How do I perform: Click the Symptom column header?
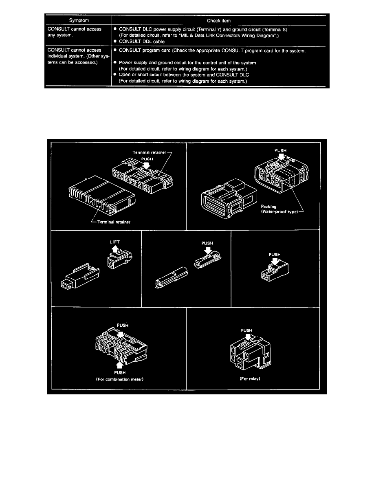pos(79,20)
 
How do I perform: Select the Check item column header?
pos(219,21)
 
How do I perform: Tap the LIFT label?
pos(114,242)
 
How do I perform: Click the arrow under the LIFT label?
pos(115,249)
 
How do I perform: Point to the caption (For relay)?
pos(250,379)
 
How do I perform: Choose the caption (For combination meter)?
pos(120,379)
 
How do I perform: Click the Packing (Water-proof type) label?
pos(279,209)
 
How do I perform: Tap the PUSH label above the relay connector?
pos(246,330)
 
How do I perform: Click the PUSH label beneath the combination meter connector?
pos(120,372)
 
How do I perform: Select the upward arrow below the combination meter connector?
pos(120,365)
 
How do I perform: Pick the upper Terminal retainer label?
pos(150,152)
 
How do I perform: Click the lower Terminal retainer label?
pos(114,222)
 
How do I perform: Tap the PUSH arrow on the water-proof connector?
pos(281,157)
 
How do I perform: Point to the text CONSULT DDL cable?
pos(142,42)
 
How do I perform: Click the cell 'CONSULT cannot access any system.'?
pos(75,32)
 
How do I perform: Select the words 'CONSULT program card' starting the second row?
pos(145,51)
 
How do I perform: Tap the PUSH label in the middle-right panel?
pos(275,255)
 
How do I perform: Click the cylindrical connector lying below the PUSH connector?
pos(172,277)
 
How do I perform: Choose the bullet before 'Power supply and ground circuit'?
pos(115,62)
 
